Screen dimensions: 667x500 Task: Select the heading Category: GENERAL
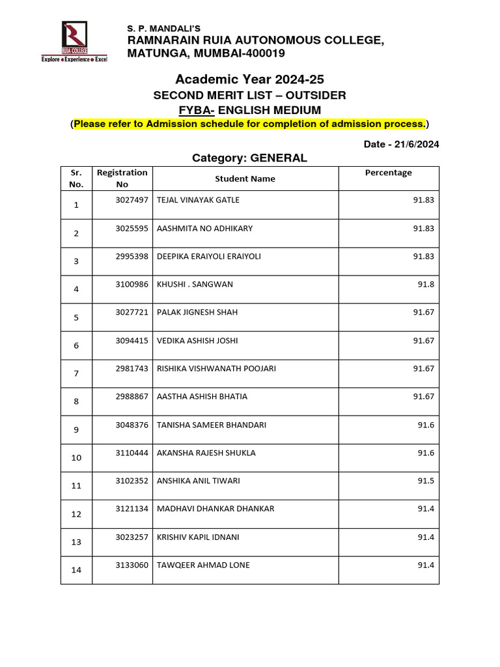(x=249, y=158)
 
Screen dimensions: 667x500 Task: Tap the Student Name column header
(x=245, y=178)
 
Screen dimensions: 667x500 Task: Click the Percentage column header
(x=388, y=173)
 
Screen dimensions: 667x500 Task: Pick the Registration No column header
(x=122, y=178)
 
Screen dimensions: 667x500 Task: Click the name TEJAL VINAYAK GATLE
(x=198, y=200)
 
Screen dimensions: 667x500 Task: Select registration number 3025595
(x=132, y=229)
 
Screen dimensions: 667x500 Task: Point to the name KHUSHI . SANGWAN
(x=195, y=284)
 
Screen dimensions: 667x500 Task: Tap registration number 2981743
(x=132, y=369)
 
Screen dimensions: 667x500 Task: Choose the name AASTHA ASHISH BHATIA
(x=202, y=397)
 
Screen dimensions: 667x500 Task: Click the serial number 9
(x=76, y=430)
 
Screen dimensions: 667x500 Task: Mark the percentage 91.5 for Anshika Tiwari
(x=425, y=481)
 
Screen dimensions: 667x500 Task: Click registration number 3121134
(x=132, y=509)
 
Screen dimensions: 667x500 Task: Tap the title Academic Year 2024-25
(x=249, y=79)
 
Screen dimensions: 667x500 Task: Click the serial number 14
(x=76, y=570)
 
